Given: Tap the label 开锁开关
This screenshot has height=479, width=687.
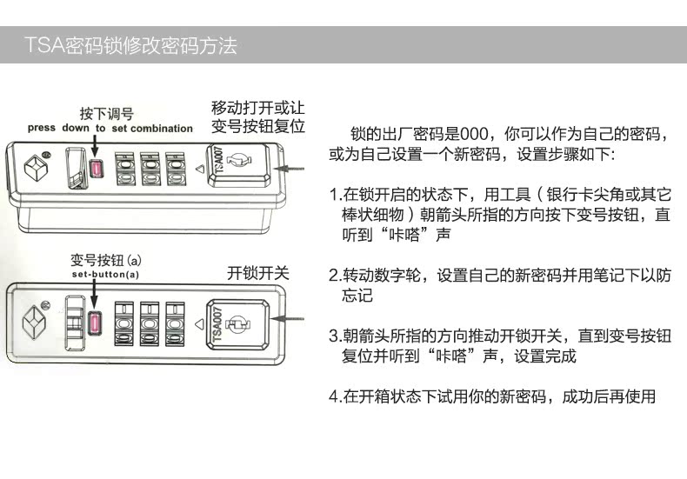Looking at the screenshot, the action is (x=257, y=272).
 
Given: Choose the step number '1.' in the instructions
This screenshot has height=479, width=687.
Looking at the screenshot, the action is (x=333, y=194).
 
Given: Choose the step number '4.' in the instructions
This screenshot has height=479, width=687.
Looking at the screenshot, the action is (x=333, y=397).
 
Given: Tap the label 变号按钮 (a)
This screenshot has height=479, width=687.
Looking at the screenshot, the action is (x=105, y=260).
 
